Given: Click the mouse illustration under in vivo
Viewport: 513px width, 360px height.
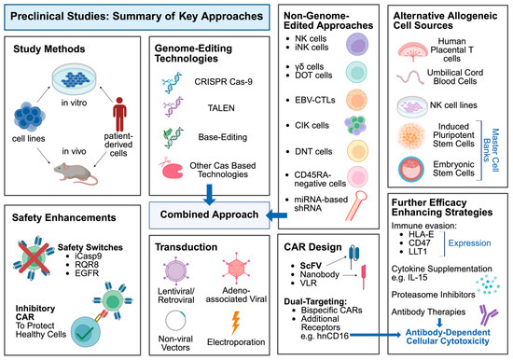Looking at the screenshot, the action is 76,173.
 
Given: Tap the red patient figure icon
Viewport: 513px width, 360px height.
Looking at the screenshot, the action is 119,114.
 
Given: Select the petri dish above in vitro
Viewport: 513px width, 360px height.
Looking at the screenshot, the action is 75,79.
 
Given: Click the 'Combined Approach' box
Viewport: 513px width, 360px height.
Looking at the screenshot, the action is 209,215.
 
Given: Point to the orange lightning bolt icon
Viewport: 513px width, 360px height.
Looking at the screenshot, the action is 236,323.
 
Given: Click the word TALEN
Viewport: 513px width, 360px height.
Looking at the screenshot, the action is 221,108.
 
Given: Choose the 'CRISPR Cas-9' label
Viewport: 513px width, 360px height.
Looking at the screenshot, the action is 224,81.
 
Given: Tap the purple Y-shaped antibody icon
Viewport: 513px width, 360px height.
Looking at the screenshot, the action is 489,314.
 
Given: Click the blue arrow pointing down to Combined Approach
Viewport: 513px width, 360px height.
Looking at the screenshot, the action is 209,194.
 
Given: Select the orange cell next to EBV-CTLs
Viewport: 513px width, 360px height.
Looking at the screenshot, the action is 356,100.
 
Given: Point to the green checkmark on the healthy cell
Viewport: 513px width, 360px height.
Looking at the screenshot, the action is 85,333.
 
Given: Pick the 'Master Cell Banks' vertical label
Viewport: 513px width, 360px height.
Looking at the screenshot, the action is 492,150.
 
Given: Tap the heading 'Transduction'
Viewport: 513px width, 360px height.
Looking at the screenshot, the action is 187,247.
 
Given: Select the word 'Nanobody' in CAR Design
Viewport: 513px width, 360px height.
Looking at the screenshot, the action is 320,274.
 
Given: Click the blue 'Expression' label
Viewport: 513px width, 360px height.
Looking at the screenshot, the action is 469,243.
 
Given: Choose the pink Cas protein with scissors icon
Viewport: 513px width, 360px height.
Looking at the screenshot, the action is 173,168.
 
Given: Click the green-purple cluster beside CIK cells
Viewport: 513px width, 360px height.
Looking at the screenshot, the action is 355,125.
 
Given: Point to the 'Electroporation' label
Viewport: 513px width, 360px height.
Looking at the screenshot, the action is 236,342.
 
